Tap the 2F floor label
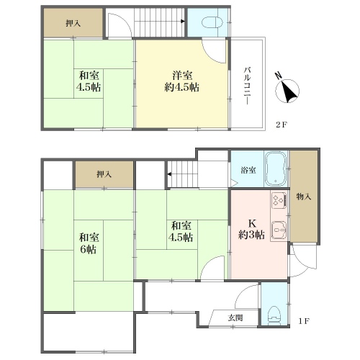(x=282, y=125)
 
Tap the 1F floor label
(x=305, y=321)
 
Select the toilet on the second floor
(x=212, y=23)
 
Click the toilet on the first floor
(x=274, y=315)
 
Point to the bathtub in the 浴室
(x=276, y=168)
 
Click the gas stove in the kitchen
(x=279, y=200)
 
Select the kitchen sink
(x=279, y=230)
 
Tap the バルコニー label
(x=248, y=86)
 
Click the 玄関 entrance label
(x=235, y=318)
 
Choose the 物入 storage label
(x=304, y=197)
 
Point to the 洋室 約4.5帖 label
(x=182, y=81)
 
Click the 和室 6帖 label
(x=89, y=243)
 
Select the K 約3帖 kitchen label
(x=251, y=229)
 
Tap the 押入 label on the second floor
(x=73, y=23)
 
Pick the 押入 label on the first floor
(x=104, y=174)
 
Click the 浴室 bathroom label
(x=248, y=171)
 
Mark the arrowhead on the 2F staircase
(x=183, y=22)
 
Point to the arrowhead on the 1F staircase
(x=169, y=174)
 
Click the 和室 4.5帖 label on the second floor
(x=89, y=81)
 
